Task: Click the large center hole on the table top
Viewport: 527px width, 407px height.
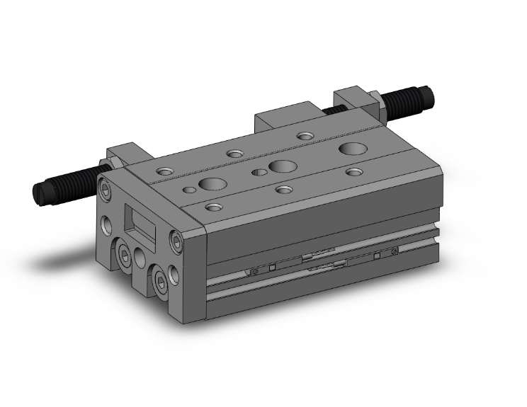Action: pos(282,167)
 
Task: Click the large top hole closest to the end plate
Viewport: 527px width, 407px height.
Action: pos(210,185)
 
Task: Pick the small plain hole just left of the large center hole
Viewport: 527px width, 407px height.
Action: pos(256,172)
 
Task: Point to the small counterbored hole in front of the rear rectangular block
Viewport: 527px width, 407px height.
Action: pos(305,136)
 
